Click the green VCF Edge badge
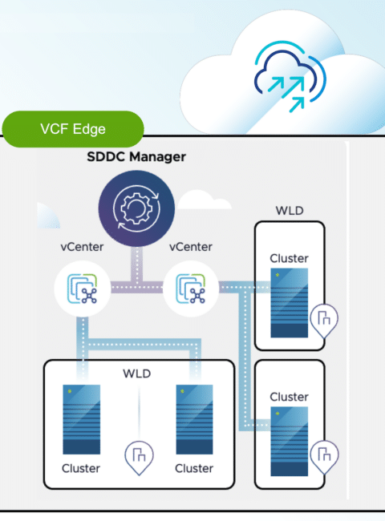pyautogui.click(x=73, y=129)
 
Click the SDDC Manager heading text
pyautogui.click(x=136, y=156)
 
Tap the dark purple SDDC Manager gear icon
pyautogui.click(x=136, y=208)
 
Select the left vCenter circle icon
pyautogui.click(x=83, y=289)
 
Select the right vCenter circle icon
pyautogui.click(x=191, y=289)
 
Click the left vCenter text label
pyautogui.click(x=82, y=247)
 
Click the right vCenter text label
pyautogui.click(x=191, y=247)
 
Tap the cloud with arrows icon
pyautogui.click(x=290, y=77)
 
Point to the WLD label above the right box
pyautogui.click(x=290, y=211)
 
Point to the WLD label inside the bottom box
pyautogui.click(x=137, y=374)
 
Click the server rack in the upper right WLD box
pyautogui.click(x=290, y=303)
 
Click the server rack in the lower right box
pyautogui.click(x=290, y=442)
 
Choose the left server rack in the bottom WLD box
pyautogui.click(x=82, y=419)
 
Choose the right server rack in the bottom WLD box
pyautogui.click(x=194, y=419)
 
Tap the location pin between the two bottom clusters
pyautogui.click(x=139, y=458)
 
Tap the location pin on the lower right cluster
pyautogui.click(x=324, y=457)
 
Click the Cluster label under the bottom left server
pyautogui.click(x=81, y=469)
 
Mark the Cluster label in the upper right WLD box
pyautogui.click(x=289, y=259)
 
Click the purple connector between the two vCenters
pyautogui.click(x=136, y=287)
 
